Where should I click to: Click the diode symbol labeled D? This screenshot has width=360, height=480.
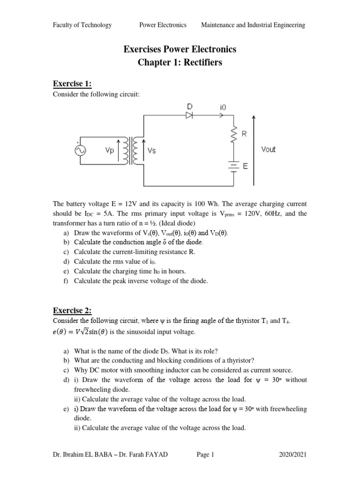click(x=189, y=114)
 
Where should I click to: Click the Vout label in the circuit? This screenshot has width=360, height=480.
click(x=268, y=150)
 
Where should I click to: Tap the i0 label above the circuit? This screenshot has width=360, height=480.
click(x=222, y=107)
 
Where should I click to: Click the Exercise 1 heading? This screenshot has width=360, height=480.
click(x=72, y=84)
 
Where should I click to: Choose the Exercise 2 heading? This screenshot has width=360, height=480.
click(x=72, y=310)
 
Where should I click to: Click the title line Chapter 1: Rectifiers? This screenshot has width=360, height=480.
click(x=180, y=63)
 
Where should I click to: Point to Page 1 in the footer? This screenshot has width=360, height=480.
click(x=204, y=454)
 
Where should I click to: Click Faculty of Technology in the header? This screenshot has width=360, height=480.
click(x=82, y=25)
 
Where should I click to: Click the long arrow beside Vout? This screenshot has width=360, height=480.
click(x=254, y=150)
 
